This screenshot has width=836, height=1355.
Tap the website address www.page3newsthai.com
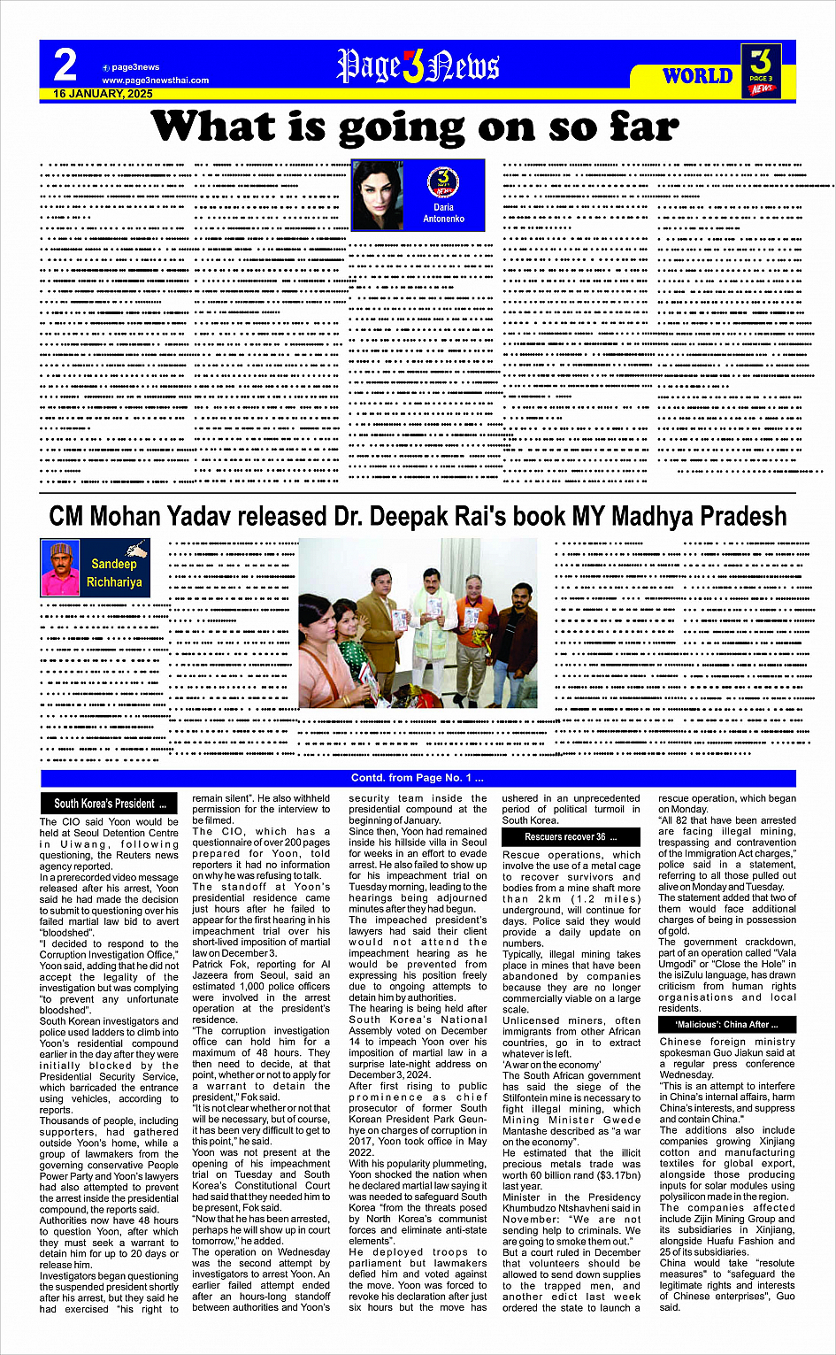(155, 81)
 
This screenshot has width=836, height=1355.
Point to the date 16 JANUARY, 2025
(103, 94)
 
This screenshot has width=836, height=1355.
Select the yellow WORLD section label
(698, 76)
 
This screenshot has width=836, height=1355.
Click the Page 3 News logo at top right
(760, 71)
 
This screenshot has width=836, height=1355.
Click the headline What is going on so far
(416, 127)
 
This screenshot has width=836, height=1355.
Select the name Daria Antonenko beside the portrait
(443, 213)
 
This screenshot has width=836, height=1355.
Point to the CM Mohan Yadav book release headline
(418, 516)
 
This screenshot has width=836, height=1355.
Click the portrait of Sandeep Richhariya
(60, 568)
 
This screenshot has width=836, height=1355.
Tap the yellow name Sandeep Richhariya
(114, 573)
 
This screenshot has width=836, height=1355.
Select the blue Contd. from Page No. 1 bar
(418, 779)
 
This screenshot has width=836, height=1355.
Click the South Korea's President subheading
(110, 804)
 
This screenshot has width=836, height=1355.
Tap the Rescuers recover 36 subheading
(571, 836)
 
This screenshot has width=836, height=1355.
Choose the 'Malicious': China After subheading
(727, 1025)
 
